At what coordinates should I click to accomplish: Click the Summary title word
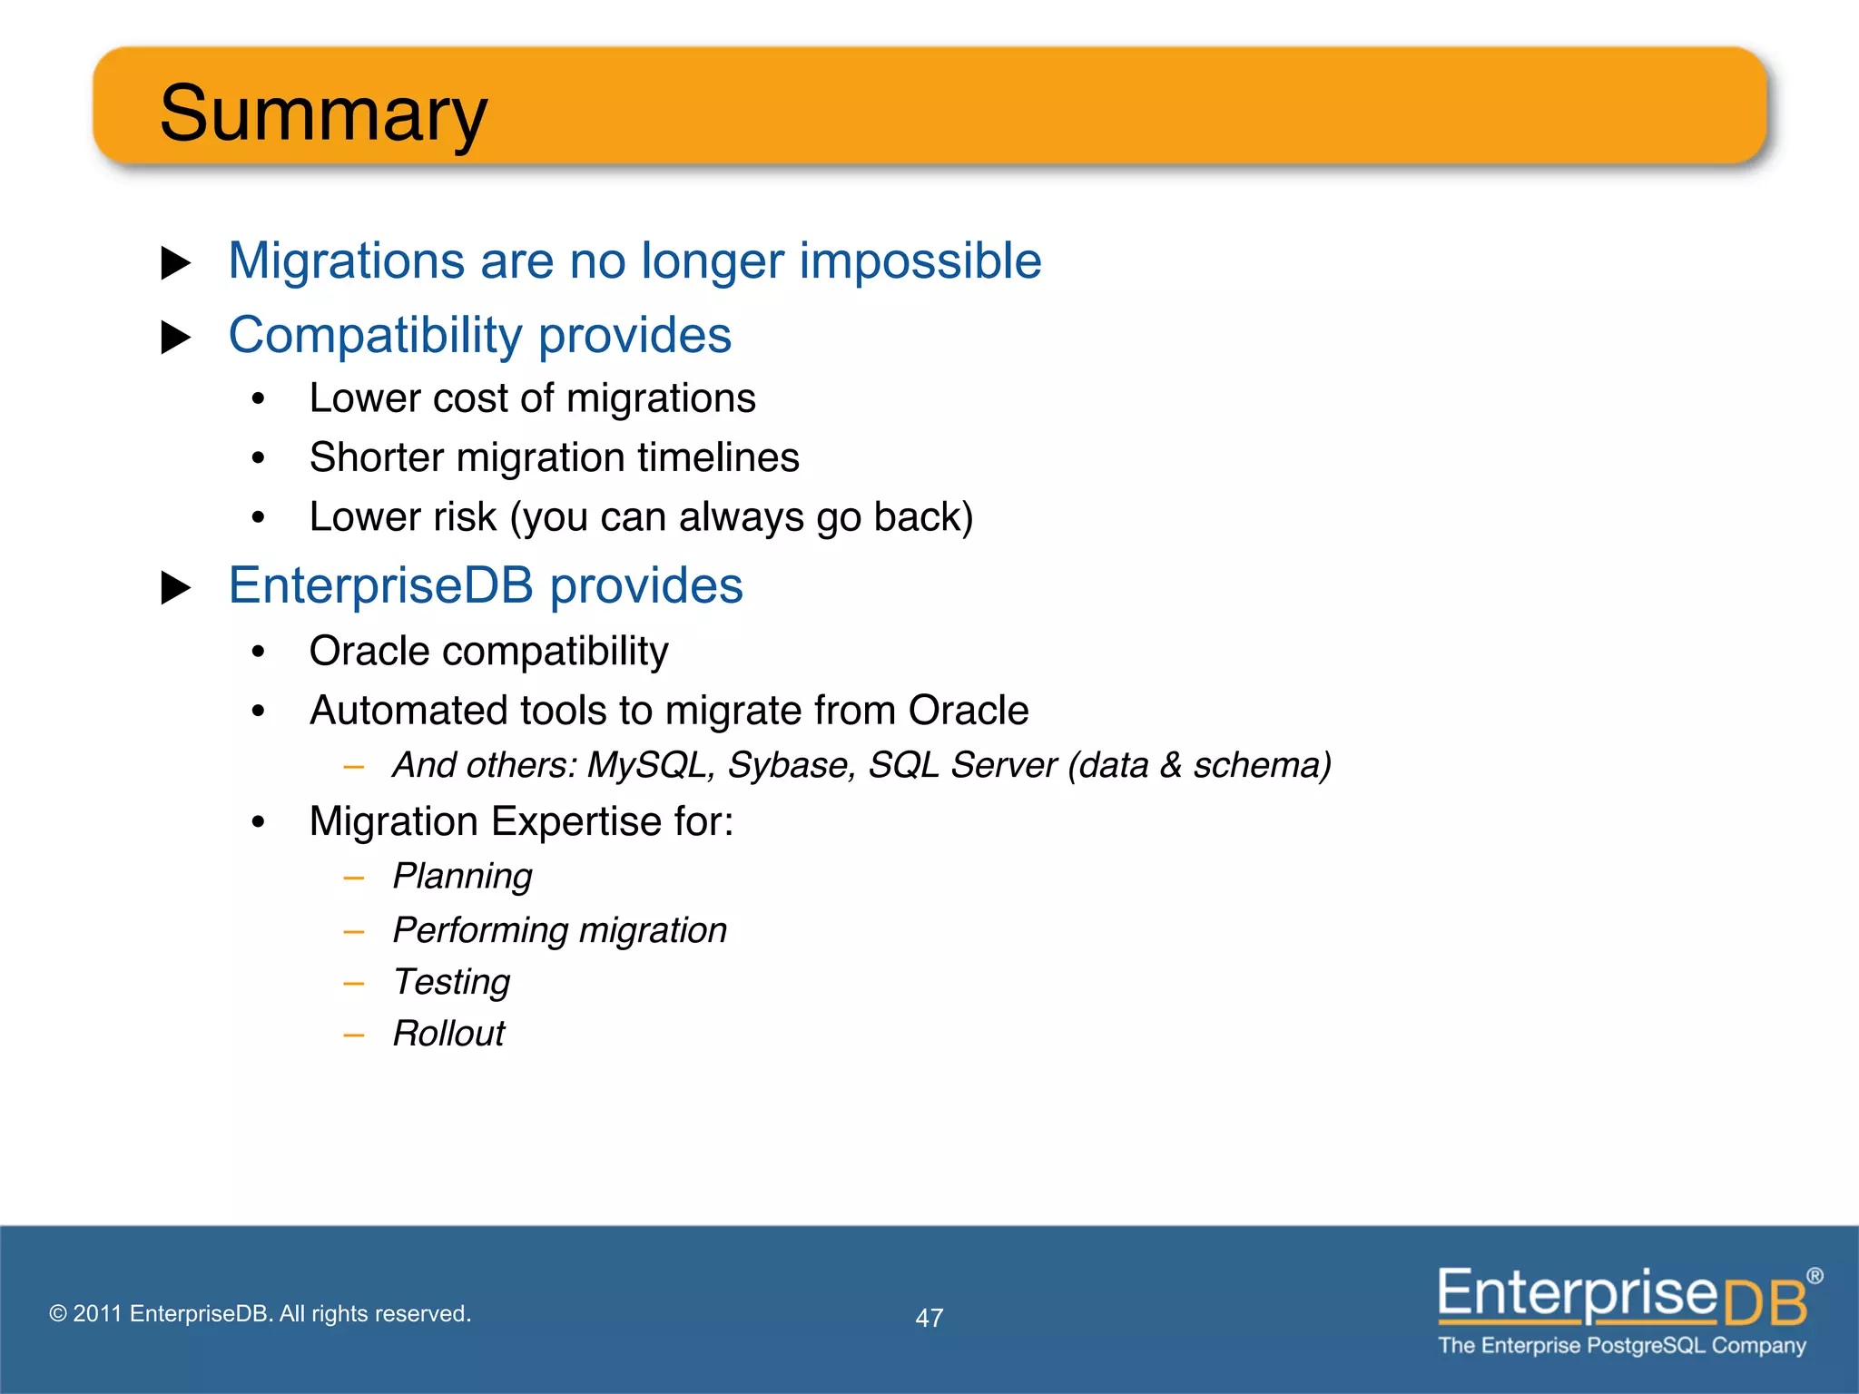pyautogui.click(x=323, y=113)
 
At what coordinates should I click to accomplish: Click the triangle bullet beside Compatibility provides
pyautogui.click(x=175, y=338)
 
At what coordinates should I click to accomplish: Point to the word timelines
pyautogui.click(x=718, y=457)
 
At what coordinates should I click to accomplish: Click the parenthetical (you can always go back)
pyautogui.click(x=741, y=517)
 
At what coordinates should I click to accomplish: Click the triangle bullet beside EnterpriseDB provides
pyautogui.click(x=175, y=588)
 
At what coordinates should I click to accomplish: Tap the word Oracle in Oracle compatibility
pyautogui.click(x=369, y=652)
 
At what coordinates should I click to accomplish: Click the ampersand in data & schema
pyautogui.click(x=1171, y=765)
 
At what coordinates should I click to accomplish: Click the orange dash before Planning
pyautogui.click(x=354, y=879)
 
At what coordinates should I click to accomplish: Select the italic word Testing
pyautogui.click(x=451, y=982)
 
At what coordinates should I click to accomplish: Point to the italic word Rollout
pyautogui.click(x=448, y=1034)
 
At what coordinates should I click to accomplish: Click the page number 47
pyautogui.click(x=929, y=1318)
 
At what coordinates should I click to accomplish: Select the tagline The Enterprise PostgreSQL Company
pyautogui.click(x=1621, y=1345)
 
